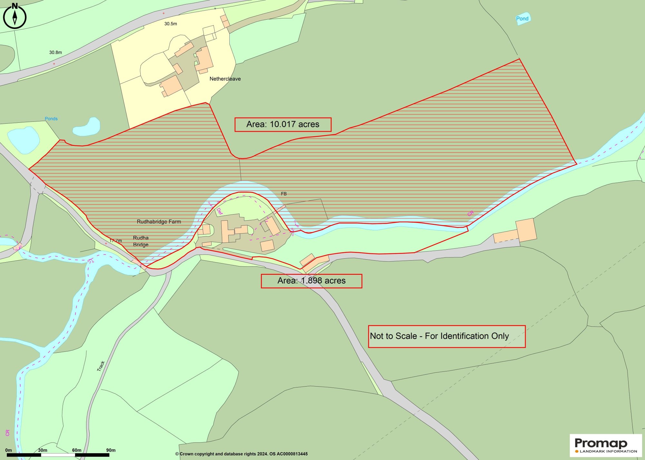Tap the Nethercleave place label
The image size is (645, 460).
225,79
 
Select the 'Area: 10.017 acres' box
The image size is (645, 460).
283,125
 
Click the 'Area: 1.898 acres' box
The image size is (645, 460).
311,281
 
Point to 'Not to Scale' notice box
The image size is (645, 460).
447,336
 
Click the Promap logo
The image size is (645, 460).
605,445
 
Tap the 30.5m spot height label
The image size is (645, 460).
171,24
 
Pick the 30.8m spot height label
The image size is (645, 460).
55,53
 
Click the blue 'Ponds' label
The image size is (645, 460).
51,119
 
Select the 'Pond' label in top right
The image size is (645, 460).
522,19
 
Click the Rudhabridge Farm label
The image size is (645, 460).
159,222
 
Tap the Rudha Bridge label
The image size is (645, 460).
141,241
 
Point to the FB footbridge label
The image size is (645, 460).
283,194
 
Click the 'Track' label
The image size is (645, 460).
101,366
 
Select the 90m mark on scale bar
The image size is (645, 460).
111,450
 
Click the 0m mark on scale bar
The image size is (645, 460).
8,450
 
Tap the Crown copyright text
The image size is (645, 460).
241,454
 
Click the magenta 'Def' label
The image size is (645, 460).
220,211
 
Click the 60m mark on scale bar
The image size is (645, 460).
76,450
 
